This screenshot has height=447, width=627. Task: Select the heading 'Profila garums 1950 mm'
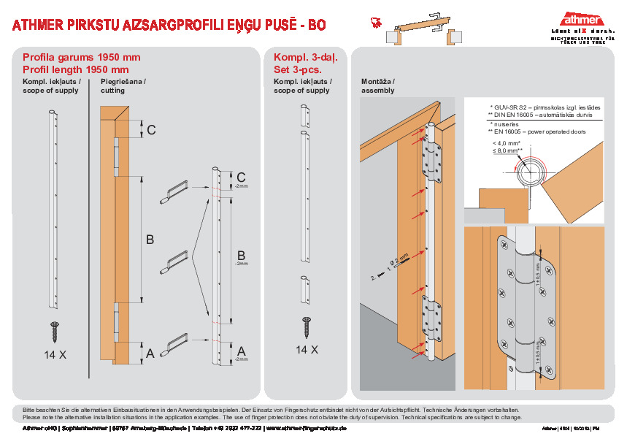point(81,57)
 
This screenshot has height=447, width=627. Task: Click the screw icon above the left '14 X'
point(55,331)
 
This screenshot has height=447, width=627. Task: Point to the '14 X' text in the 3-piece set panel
point(306,350)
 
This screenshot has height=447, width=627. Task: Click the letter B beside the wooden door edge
point(150,239)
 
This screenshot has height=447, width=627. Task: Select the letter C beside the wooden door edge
point(151,130)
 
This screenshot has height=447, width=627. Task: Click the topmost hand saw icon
point(177,193)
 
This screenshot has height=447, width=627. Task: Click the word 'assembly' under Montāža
point(378,91)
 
